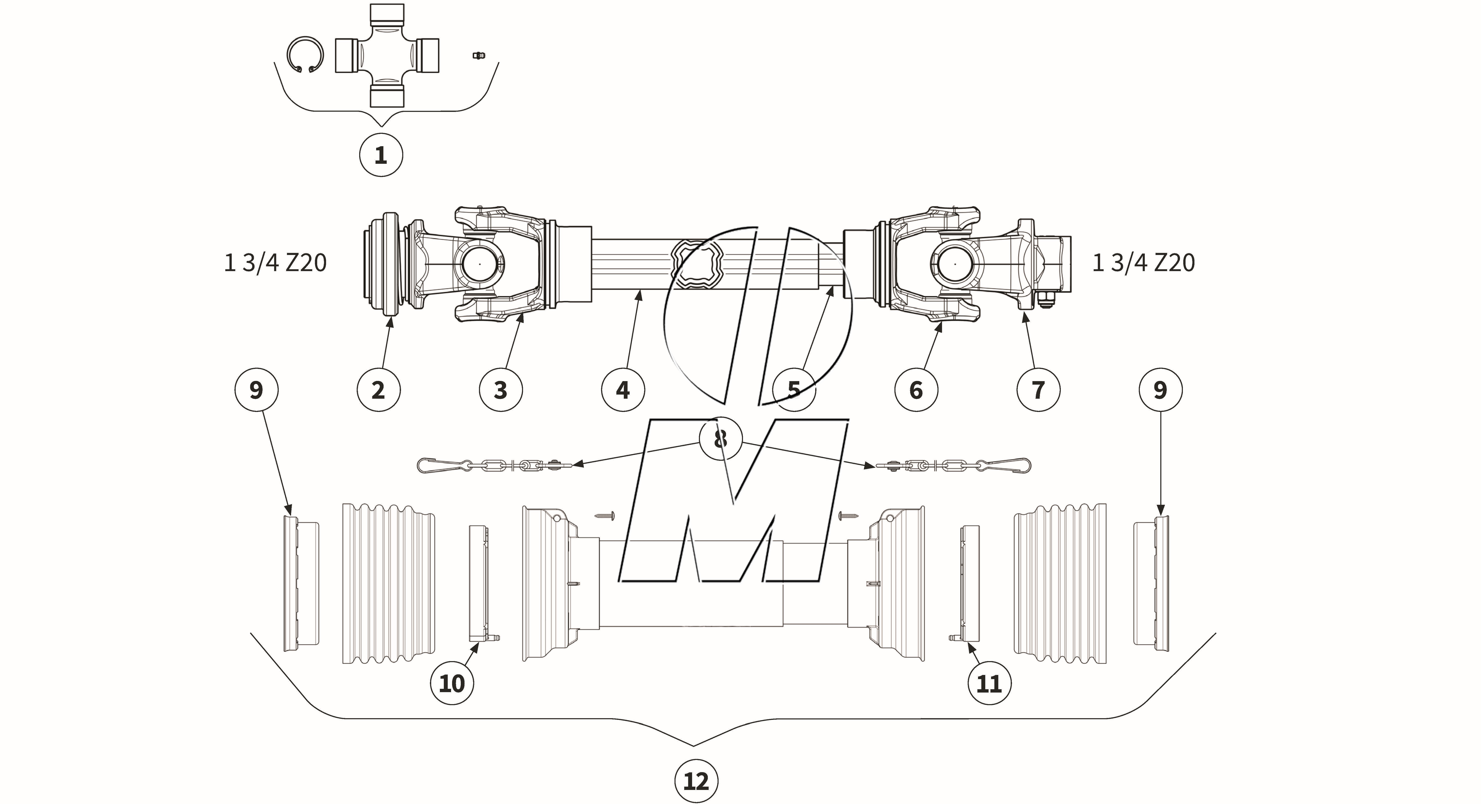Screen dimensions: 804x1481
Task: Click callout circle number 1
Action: coord(381,155)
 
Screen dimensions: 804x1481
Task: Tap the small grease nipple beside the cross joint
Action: coord(477,55)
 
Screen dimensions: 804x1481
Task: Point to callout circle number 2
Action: coord(378,390)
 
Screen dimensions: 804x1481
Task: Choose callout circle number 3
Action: coord(501,390)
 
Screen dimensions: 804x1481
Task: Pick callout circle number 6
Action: coord(916,390)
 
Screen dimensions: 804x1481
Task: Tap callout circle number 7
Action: coord(1038,390)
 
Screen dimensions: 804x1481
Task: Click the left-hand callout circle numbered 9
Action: coord(256,390)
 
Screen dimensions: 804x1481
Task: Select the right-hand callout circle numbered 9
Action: coord(1160,390)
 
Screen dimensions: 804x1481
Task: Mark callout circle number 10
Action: coord(452,683)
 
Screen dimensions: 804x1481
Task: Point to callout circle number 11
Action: coord(989,683)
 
